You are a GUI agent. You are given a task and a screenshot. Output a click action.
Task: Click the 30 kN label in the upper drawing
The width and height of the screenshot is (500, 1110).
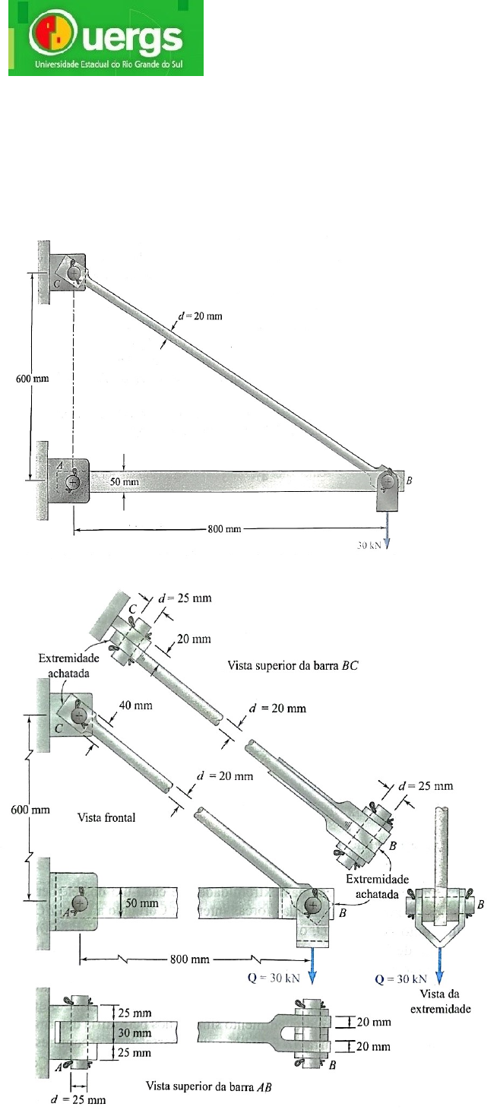369,545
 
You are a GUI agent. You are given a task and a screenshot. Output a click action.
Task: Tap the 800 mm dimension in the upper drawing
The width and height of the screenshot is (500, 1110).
224,528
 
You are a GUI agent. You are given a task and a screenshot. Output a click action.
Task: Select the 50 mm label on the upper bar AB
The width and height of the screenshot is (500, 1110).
125,481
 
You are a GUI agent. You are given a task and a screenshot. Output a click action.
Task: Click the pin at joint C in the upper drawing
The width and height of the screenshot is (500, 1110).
74,272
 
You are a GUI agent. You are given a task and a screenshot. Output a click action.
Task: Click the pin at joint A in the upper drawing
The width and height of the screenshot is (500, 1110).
73,481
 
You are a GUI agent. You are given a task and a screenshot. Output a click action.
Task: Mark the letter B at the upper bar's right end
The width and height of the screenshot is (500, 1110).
408,480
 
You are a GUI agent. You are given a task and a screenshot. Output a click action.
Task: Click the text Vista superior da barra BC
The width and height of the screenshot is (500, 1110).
293,665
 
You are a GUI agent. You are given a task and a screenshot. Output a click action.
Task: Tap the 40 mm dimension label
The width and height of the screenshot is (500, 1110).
136,705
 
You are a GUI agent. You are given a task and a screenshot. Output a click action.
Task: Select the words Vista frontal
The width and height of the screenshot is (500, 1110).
106,817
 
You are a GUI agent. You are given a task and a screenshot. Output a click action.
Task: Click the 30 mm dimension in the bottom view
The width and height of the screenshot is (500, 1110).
134,1032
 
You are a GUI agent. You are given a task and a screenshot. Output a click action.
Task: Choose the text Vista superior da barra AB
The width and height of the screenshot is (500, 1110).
208,1086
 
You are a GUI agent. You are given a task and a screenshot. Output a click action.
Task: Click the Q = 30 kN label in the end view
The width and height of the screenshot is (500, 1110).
400,978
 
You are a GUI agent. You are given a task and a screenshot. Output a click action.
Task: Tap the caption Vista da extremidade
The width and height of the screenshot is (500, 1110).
440,1001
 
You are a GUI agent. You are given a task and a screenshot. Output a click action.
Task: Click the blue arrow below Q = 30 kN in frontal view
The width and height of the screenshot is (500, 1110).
312,965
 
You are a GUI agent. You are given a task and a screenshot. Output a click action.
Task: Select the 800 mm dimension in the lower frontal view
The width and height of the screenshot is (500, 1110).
190,959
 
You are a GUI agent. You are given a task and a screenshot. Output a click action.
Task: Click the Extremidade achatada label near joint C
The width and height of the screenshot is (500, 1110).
69,665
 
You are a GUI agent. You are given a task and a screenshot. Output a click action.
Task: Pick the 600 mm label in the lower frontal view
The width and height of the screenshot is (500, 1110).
30,809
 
